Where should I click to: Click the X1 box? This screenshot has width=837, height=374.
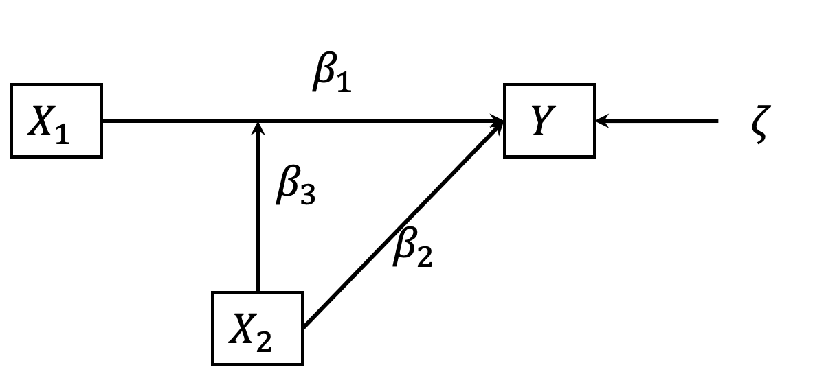[56, 121]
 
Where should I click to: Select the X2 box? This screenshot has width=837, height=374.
[257, 328]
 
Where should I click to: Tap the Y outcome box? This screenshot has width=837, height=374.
[549, 121]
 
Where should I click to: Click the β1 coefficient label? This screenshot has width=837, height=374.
[331, 75]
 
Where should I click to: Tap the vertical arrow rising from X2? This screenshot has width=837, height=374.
[258, 220]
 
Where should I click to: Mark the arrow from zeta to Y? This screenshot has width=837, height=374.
[660, 121]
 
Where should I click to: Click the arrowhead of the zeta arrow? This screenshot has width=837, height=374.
[602, 121]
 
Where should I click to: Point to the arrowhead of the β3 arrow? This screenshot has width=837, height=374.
[258, 128]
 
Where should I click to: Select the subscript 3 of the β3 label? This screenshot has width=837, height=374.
[306, 196]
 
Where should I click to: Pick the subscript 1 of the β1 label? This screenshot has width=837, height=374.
[343, 84]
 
